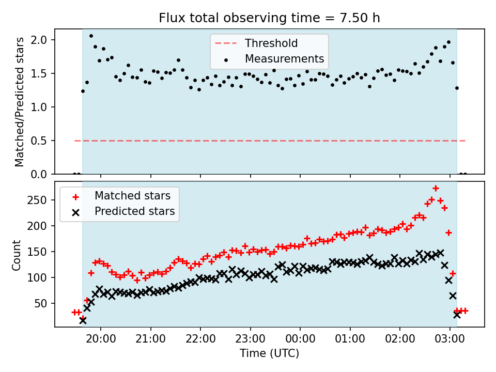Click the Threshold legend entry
click(x=271, y=43)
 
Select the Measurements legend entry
click(x=284, y=58)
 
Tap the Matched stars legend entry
click(x=132, y=196)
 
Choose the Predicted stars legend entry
click(x=134, y=211)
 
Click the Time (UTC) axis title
click(x=269, y=353)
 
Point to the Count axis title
click(x=17, y=255)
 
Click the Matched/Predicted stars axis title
click(x=20, y=102)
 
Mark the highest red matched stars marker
click(x=436, y=188)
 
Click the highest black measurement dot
click(x=91, y=36)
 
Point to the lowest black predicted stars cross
click(x=83, y=320)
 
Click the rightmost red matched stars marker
click(x=465, y=311)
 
